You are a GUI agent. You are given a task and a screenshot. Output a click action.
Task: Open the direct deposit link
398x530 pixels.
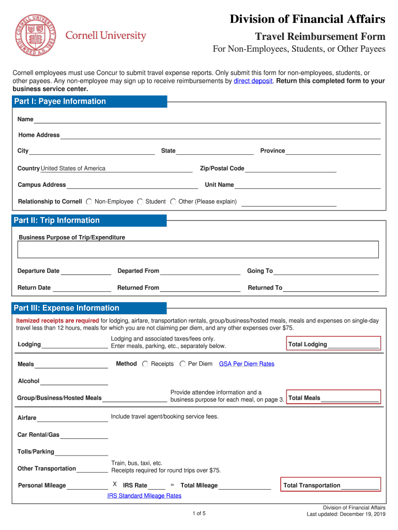coord(253,81)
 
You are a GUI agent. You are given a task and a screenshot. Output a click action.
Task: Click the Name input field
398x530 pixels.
coord(207,119)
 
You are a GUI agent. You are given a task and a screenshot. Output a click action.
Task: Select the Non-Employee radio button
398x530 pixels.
coord(89,202)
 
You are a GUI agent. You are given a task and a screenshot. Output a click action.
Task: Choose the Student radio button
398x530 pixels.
coord(140,202)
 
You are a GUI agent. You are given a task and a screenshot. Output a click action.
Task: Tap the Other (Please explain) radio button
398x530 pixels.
coord(173,202)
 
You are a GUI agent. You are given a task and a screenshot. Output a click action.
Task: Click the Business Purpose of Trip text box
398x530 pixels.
coord(198,249)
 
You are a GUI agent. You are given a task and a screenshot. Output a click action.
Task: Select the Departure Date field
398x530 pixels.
coord(86,271)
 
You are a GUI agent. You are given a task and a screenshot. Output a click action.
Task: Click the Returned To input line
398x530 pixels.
coord(331,288)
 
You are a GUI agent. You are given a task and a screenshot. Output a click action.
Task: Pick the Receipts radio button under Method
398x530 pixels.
coord(145,364)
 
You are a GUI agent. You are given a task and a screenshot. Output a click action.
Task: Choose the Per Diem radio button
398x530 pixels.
coord(182,364)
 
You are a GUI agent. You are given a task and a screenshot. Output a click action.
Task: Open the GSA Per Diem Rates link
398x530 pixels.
coord(247,364)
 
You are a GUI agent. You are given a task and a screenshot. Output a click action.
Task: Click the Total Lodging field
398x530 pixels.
coord(353,345)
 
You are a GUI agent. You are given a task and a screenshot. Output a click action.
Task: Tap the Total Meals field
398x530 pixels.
coord(349,398)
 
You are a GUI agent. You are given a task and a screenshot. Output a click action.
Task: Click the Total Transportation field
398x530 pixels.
coord(360,485)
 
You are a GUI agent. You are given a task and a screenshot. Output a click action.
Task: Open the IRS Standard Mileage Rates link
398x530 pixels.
coord(144,496)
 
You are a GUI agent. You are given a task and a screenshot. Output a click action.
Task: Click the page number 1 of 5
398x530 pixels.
coord(199,513)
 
